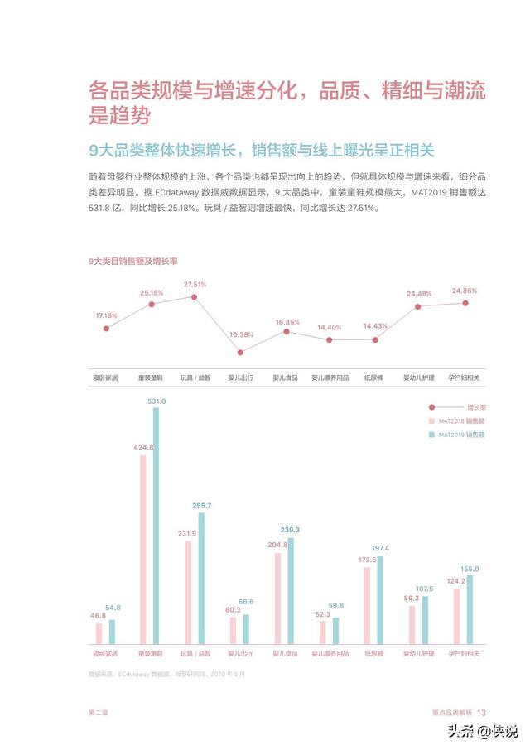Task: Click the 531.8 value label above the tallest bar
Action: (x=157, y=401)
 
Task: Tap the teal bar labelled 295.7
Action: (x=201, y=579)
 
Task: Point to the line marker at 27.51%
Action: (x=195, y=296)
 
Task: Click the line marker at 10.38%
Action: (x=240, y=352)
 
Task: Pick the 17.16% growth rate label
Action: (x=106, y=315)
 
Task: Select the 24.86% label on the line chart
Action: (x=465, y=291)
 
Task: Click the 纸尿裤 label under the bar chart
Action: (x=374, y=653)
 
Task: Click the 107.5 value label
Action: (x=425, y=589)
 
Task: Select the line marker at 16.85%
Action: (x=286, y=331)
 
